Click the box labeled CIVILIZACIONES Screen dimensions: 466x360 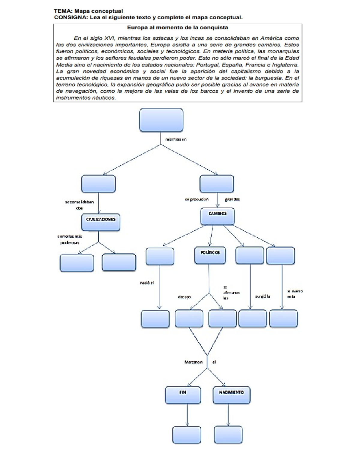coord(100,222)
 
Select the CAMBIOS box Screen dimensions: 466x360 coord(217,216)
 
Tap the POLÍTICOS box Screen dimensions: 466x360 coord(210,255)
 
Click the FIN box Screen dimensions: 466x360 coord(183,395)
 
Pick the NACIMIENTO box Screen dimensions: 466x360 coord(231,395)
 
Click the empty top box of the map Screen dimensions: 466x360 coord(161,120)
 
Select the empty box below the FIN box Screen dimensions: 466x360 coord(187,435)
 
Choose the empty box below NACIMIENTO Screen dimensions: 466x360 coord(228,435)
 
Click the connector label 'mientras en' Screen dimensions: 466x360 coord(176,139)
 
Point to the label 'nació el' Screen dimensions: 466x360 coord(147,283)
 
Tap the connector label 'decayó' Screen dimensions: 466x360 coord(184,297)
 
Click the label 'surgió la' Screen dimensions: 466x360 coord(262,296)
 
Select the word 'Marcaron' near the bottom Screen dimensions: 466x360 coord(193,362)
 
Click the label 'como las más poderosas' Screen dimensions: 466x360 coord(70,239)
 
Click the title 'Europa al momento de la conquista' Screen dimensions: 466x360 coord(177,28)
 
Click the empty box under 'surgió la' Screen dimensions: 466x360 coord(252,318)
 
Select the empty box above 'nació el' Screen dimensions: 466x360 coord(160,256)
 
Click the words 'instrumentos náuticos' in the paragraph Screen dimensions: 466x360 coord(86,98)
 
